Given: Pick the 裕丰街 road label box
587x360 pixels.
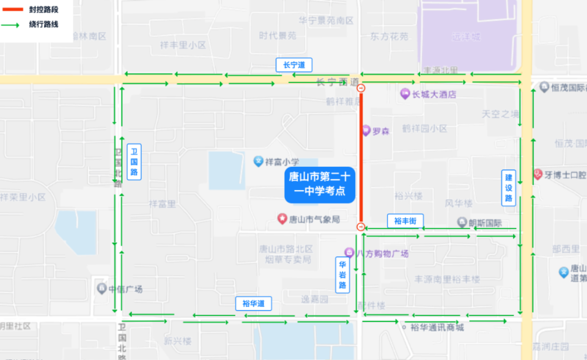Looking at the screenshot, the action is (405, 221).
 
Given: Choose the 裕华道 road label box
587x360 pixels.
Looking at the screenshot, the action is (253, 303).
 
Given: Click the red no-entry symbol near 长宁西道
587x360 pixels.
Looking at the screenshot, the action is (361, 89).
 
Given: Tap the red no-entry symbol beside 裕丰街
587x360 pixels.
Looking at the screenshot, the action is (361, 227).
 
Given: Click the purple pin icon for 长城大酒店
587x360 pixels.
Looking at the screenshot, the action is (404, 94).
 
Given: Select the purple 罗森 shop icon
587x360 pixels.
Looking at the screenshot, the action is (366, 130).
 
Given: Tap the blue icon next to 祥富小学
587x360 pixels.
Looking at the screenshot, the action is (259, 161).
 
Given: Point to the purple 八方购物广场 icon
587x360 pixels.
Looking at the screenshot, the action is (349, 252).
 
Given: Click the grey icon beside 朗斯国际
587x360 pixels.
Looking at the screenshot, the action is (462, 222).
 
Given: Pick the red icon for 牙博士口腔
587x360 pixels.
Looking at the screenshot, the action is (538, 174).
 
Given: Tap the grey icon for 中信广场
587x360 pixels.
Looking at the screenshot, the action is (102, 288).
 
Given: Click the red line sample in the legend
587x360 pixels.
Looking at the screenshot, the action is (12, 10).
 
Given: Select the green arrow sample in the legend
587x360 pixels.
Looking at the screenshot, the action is (12, 25).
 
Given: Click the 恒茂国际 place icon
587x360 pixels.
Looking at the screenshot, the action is (544, 87).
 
